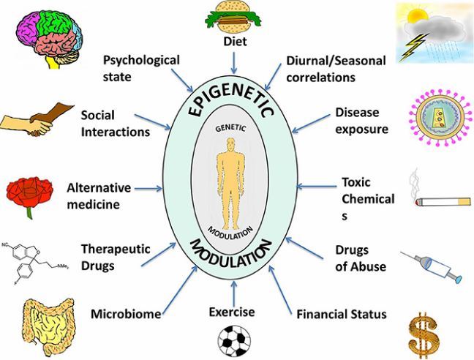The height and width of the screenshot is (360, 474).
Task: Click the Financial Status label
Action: [342, 315]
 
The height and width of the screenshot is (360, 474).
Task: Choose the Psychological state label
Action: [140, 67]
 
